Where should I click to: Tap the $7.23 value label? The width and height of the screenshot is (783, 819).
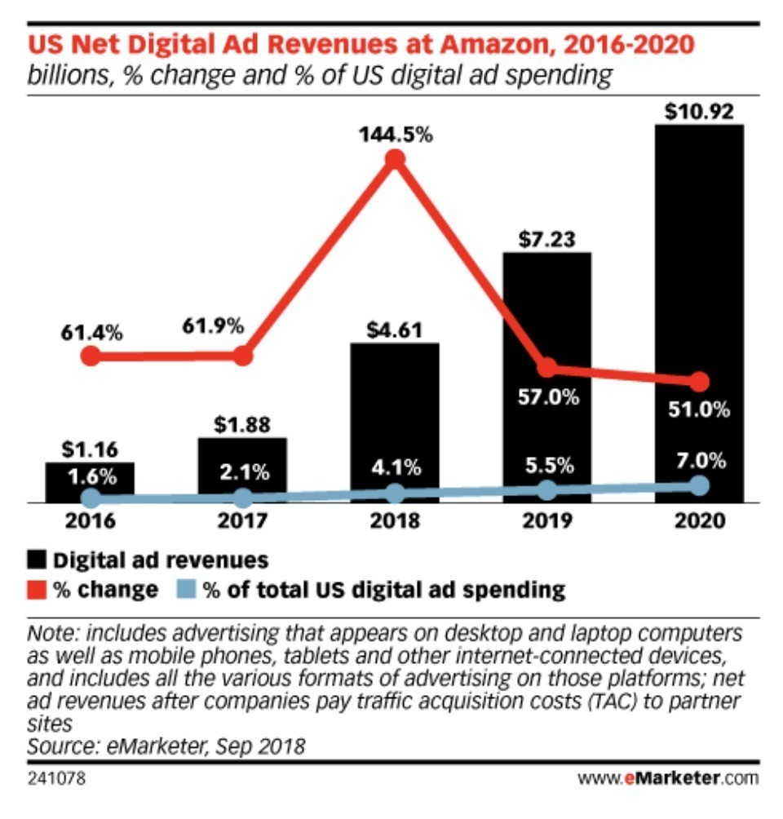[546, 240]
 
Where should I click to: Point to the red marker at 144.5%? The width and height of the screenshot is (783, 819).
[395, 159]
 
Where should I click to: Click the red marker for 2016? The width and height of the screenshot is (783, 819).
[91, 356]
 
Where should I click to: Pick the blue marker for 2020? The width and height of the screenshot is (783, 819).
[699, 485]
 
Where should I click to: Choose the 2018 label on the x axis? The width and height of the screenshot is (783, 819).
[395, 520]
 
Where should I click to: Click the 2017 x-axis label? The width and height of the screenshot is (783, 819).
[242, 520]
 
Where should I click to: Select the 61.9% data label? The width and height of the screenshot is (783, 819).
[214, 326]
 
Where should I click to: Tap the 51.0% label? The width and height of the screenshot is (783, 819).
[699, 409]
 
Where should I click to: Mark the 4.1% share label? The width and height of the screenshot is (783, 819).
[395, 468]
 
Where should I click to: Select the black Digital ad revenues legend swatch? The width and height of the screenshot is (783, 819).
[38, 560]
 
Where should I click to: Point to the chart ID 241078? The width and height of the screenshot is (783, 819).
[55, 778]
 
